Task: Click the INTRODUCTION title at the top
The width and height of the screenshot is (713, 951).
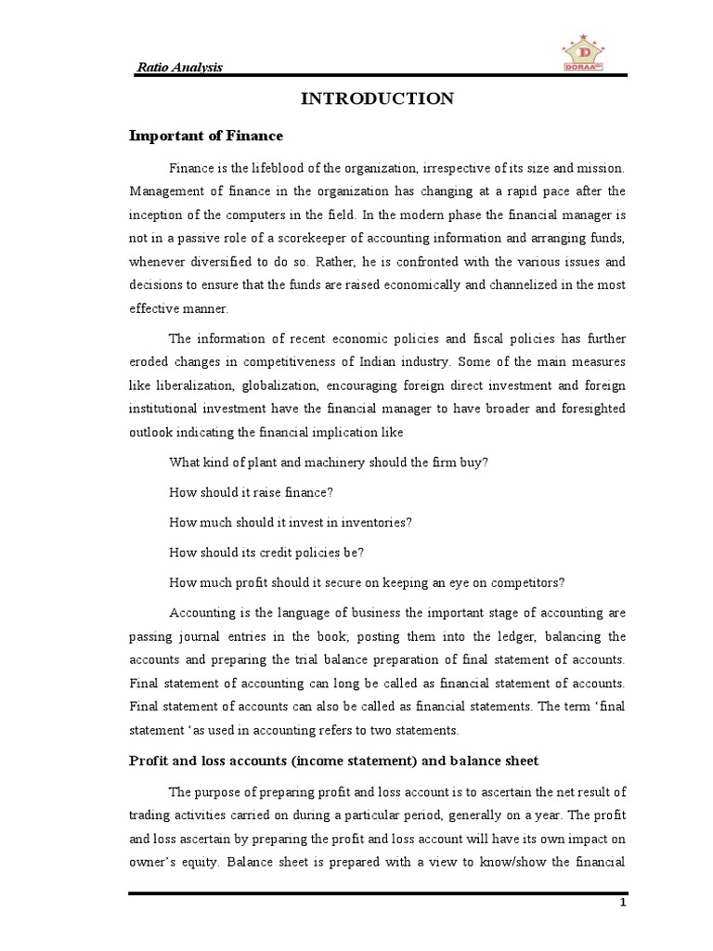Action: pos(377,98)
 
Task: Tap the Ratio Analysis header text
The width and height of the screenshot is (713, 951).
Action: pos(180,67)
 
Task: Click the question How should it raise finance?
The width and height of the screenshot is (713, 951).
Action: pos(251,492)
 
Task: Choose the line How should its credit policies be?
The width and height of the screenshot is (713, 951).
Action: pos(266,552)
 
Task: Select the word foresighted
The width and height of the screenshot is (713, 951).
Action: pos(590,408)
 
